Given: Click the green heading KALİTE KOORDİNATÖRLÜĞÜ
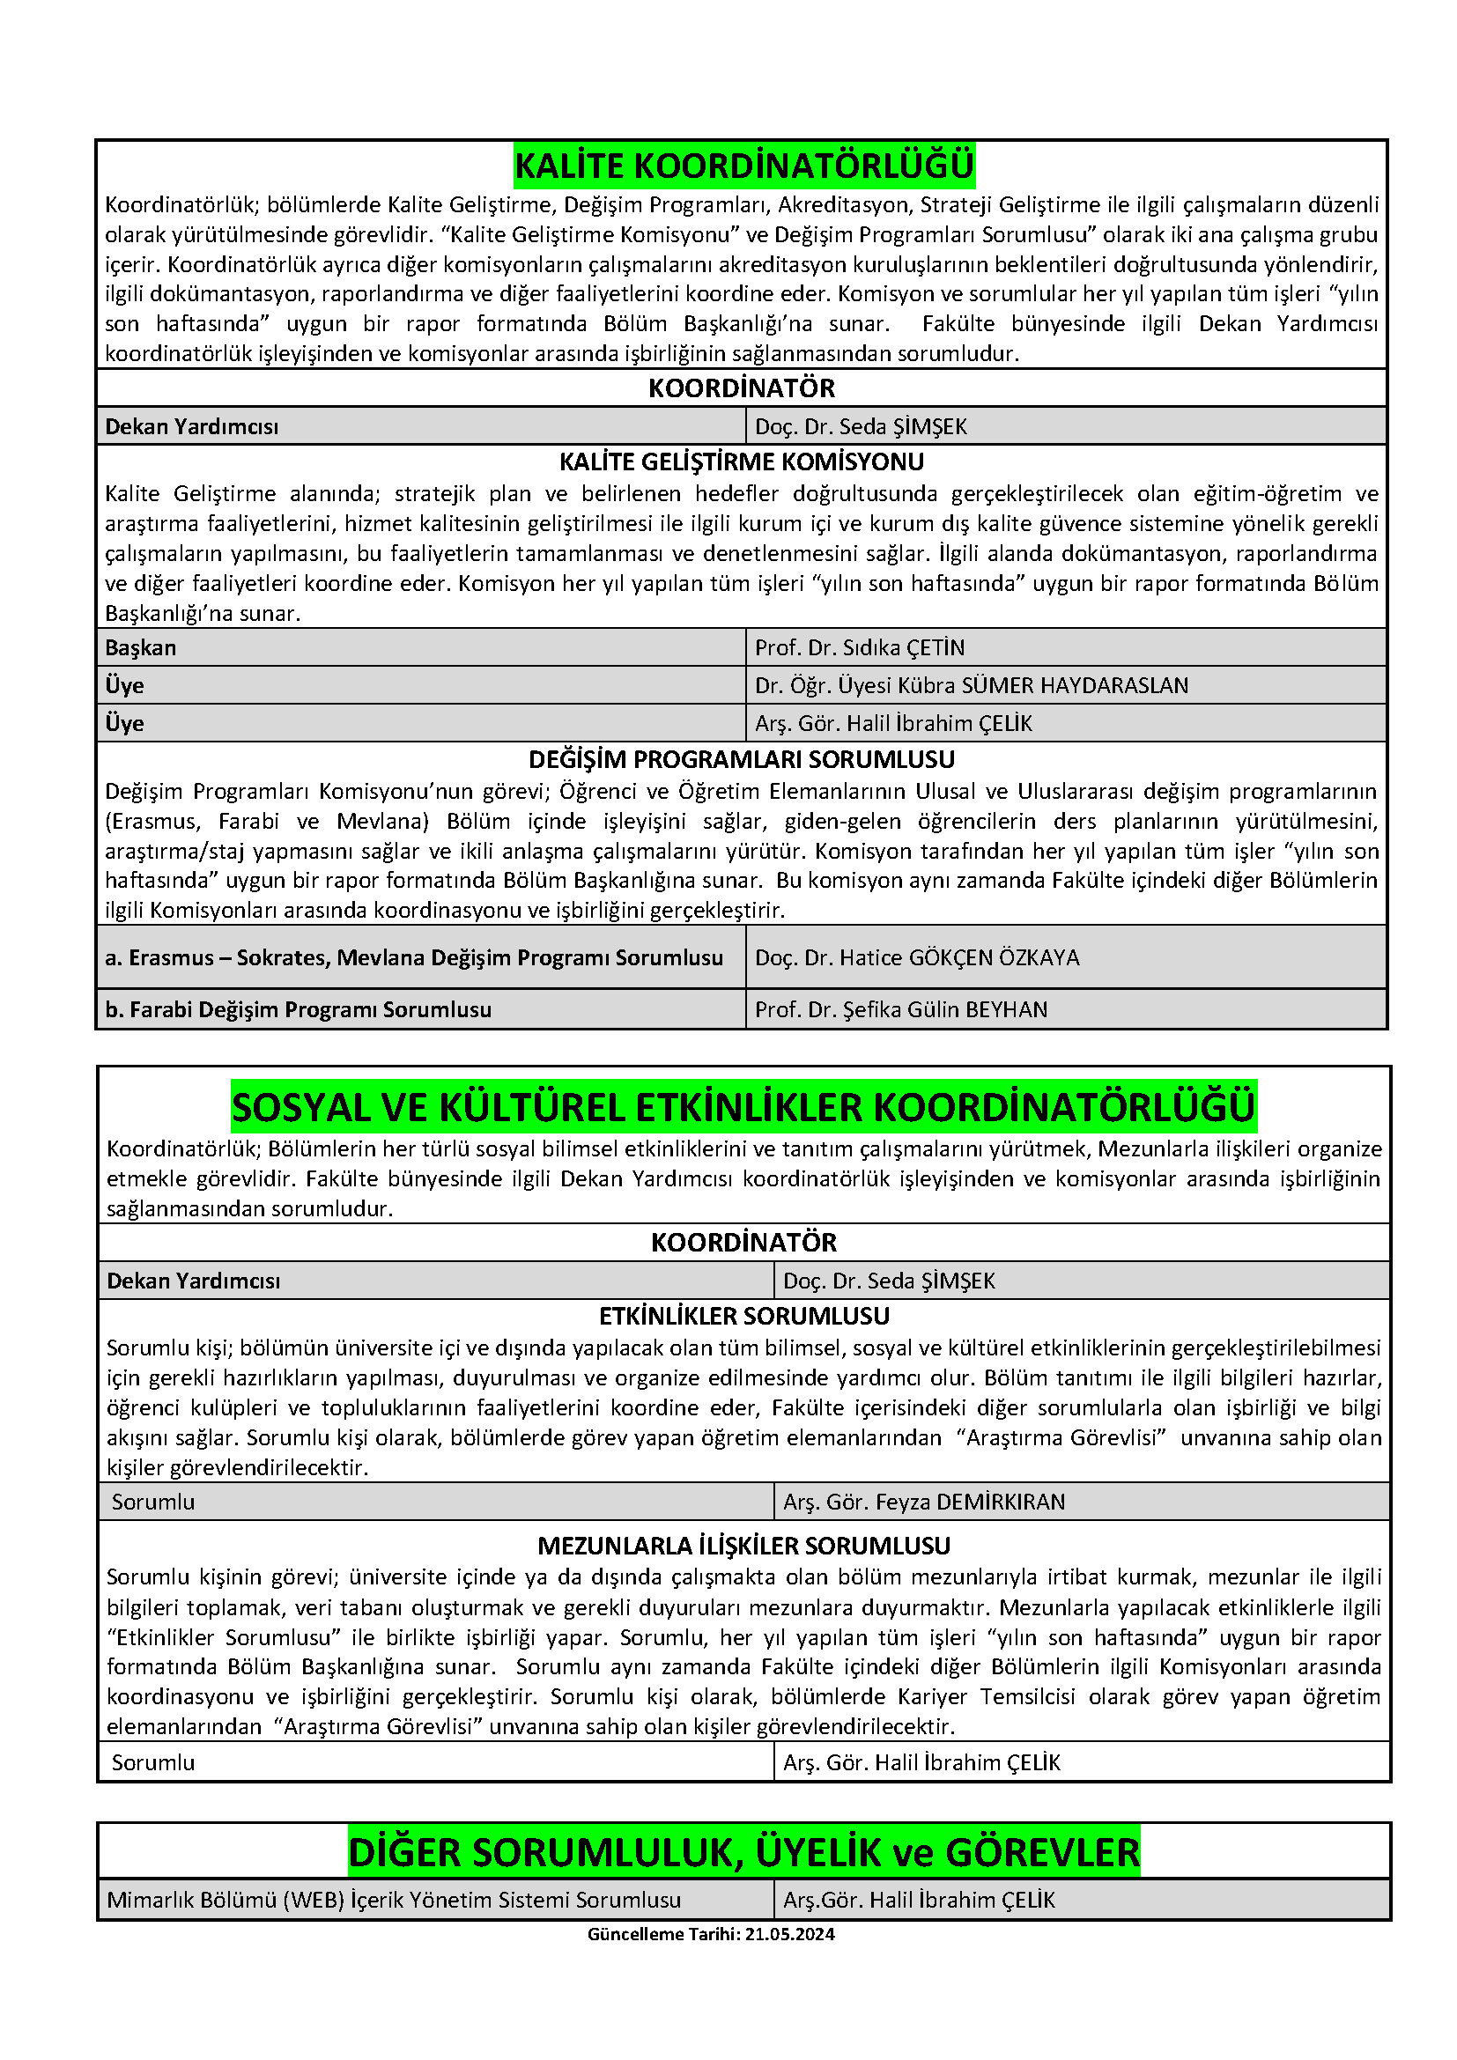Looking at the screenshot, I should (x=743, y=166).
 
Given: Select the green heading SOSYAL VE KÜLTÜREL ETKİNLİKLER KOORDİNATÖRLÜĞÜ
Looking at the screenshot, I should (x=743, y=1107).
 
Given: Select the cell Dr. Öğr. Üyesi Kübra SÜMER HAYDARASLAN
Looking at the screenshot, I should (x=971, y=685).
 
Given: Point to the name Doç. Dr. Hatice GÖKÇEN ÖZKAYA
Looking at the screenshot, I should (x=917, y=957).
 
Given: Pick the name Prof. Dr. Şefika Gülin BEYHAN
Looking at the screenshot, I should (x=901, y=1009).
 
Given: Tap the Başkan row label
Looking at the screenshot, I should (x=141, y=648).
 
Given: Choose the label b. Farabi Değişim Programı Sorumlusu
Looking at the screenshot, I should (x=298, y=1009).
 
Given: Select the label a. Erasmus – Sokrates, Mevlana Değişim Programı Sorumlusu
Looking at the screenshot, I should (x=414, y=957).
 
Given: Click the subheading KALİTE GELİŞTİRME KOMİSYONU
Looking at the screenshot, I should (x=741, y=462).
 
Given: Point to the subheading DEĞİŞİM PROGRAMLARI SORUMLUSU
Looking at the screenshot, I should (x=741, y=760).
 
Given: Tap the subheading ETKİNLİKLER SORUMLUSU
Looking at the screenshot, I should (x=743, y=1316).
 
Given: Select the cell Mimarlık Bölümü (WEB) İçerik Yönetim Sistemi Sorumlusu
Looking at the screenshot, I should (x=394, y=1900).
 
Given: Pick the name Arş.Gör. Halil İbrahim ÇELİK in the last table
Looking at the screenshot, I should (x=919, y=1900).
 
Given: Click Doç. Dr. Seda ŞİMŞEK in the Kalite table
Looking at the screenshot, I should (x=861, y=426).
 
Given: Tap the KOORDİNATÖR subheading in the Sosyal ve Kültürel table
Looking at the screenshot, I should (x=743, y=1243).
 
